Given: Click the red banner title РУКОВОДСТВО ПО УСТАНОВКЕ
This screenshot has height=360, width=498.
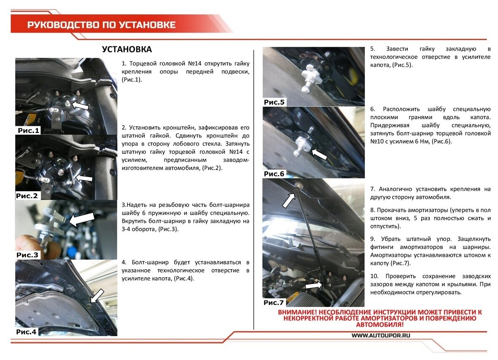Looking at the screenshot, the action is pyautogui.click(x=101, y=25).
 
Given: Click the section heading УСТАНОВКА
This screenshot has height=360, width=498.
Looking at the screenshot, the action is pyautogui.click(x=127, y=49).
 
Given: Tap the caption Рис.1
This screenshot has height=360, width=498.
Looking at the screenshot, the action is pyautogui.click(x=28, y=130).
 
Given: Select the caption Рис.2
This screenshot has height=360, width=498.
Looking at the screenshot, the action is pyautogui.click(x=27, y=196).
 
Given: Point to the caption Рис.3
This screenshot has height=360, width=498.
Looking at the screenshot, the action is pyautogui.click(x=27, y=255).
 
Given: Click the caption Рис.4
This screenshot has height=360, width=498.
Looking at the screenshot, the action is pyautogui.click(x=27, y=332).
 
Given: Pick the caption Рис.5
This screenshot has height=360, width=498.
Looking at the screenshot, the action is pyautogui.click(x=274, y=102).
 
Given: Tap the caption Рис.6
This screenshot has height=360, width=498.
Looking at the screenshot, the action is pyautogui.click(x=274, y=174).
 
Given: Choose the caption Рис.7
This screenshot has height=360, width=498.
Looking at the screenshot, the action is pyautogui.click(x=273, y=303).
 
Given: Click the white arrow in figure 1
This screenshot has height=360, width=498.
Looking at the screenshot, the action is pyautogui.click(x=80, y=105).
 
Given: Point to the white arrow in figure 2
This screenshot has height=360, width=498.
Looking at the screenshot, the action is pyautogui.click(x=84, y=178).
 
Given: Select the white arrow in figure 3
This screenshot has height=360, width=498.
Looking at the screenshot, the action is pyautogui.click(x=81, y=219).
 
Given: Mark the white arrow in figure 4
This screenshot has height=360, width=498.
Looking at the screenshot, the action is pyautogui.click(x=97, y=296).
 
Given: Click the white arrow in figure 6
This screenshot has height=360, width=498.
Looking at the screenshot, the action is pyautogui.click(x=319, y=154).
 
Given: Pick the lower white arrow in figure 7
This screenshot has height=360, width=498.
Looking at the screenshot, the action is pyautogui.click(x=313, y=286).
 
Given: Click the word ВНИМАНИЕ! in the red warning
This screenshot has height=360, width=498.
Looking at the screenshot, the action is pyautogui.click(x=297, y=312).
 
